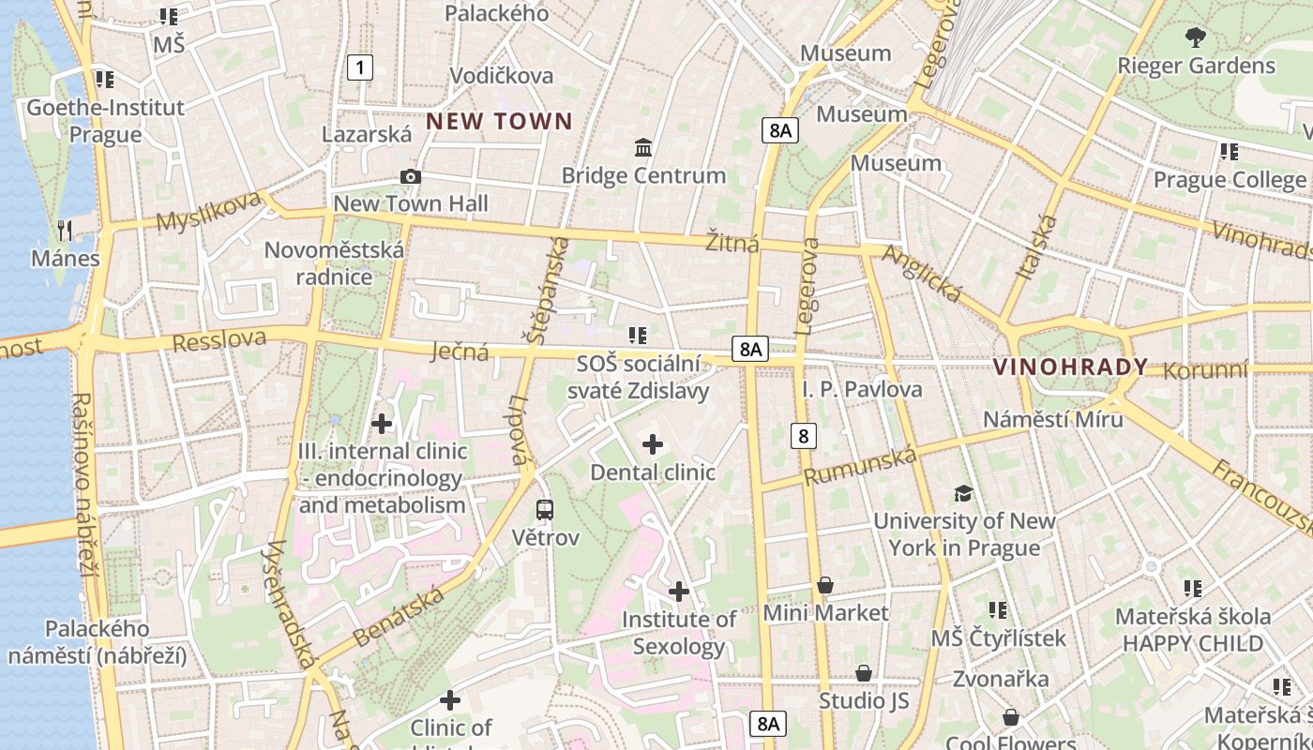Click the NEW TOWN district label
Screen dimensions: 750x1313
click(499, 121)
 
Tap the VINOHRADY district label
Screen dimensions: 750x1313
click(1070, 367)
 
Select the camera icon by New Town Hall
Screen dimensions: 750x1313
click(410, 176)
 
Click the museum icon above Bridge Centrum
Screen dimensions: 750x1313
click(643, 148)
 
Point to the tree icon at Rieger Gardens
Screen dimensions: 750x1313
click(1195, 38)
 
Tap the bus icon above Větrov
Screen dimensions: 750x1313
click(545, 510)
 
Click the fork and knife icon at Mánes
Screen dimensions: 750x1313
click(65, 230)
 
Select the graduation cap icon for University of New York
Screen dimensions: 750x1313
click(963, 494)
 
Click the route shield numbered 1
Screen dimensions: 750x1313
click(359, 67)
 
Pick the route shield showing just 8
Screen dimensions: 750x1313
click(803, 435)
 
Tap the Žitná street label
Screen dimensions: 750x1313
click(732, 245)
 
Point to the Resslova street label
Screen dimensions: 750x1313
click(219, 340)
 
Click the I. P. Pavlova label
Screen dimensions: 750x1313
click(862, 389)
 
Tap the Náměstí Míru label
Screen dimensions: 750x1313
click(1052, 418)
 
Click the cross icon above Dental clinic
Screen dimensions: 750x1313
click(652, 444)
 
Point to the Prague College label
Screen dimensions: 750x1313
click(1229, 179)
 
